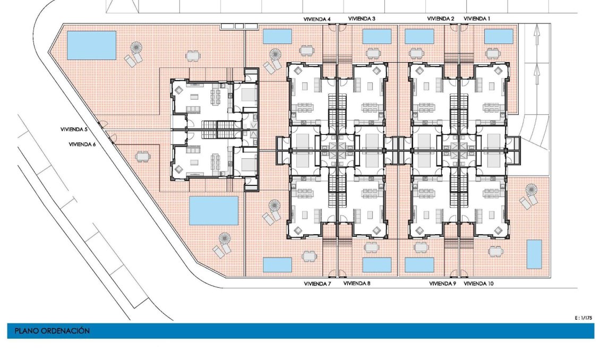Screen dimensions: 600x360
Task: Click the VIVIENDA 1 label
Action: point(477,19)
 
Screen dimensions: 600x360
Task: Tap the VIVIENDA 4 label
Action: point(317,19)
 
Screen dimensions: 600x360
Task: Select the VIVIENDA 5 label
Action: point(74,130)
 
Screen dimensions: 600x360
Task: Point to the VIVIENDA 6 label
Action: point(82,144)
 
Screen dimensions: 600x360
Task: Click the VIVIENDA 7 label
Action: point(317,284)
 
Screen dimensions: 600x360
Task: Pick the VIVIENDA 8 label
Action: point(357,284)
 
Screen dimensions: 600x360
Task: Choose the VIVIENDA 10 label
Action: point(478,284)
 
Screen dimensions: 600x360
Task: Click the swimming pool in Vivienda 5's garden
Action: point(91,46)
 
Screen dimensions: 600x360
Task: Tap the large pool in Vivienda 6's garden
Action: point(213,211)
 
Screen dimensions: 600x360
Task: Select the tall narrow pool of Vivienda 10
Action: point(534,254)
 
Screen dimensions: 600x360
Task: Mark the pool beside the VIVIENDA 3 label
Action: point(376,37)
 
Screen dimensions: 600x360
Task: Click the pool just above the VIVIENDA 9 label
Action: point(419,265)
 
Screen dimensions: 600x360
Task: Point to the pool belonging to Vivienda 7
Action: point(277,265)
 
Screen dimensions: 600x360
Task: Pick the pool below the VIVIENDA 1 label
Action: point(499,37)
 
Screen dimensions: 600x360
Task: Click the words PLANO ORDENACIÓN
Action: point(52,331)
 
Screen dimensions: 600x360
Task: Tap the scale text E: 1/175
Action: point(583,318)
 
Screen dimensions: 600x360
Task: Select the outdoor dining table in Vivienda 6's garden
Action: point(142,156)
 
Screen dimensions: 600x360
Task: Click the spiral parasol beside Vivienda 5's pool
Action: point(136,48)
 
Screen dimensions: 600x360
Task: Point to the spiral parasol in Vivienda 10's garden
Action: point(531,190)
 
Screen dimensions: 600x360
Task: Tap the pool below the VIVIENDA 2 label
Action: point(419,37)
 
